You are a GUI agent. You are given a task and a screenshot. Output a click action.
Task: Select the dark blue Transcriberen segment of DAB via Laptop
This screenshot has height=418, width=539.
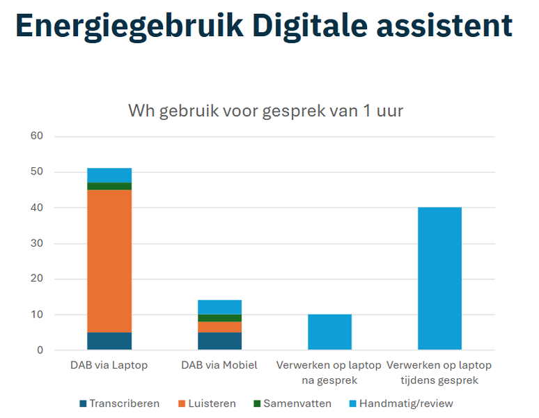(x=109, y=341)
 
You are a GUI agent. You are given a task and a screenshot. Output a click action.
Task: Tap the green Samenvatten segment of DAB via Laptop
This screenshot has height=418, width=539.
(x=109, y=186)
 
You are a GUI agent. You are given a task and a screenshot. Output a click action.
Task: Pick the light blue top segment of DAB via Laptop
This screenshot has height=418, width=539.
(x=109, y=175)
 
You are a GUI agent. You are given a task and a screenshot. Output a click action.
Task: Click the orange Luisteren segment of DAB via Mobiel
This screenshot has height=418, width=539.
(x=219, y=327)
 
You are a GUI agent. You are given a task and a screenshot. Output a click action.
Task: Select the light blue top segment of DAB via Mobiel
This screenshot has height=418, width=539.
(x=219, y=307)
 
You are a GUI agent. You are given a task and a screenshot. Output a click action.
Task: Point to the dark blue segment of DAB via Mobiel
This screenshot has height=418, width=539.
(x=219, y=341)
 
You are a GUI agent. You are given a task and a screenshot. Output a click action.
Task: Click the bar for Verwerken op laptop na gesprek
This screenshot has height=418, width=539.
(x=329, y=332)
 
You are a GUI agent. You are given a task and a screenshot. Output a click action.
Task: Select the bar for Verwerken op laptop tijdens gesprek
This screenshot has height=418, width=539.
(x=439, y=279)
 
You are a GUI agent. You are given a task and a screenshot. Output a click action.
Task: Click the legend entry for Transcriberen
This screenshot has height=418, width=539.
(x=119, y=403)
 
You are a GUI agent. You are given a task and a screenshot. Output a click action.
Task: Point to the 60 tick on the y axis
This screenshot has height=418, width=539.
(x=37, y=137)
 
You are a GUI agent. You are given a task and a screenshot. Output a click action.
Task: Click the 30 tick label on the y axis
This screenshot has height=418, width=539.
(x=37, y=244)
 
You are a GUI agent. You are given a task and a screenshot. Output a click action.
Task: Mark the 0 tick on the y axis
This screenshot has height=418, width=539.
(x=40, y=350)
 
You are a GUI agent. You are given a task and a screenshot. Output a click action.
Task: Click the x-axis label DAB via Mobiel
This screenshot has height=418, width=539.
(x=219, y=365)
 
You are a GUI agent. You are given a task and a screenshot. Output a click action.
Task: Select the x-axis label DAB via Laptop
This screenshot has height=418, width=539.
(x=109, y=365)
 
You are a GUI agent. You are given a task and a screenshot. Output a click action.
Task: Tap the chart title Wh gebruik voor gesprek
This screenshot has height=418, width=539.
(x=265, y=110)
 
